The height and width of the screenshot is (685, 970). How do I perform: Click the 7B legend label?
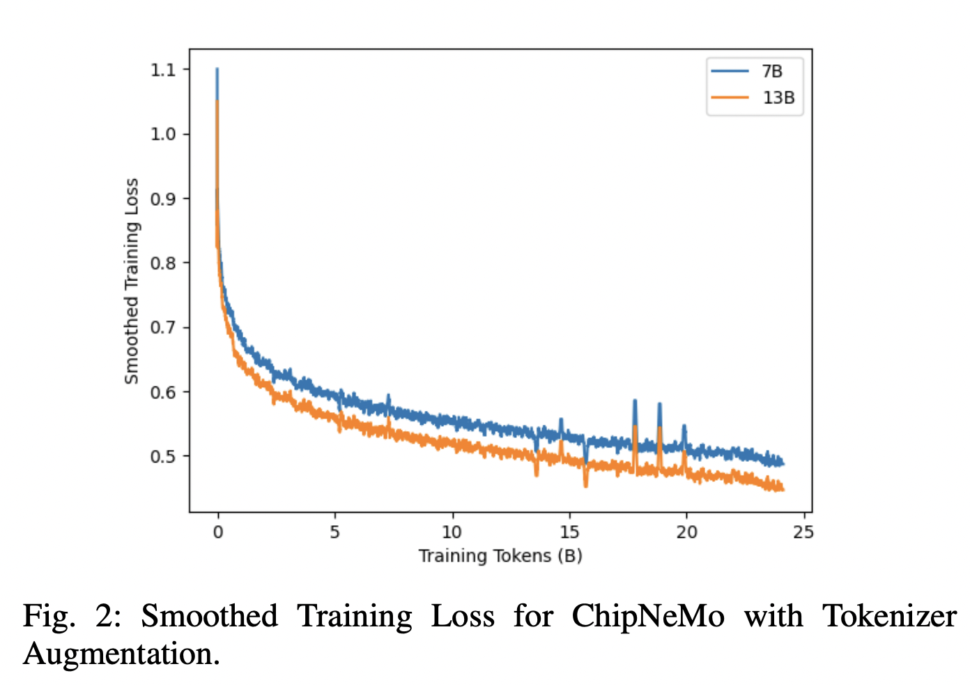tap(771, 72)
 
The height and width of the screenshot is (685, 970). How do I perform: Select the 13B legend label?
tap(778, 98)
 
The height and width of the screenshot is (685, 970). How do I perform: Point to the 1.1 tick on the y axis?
tap(164, 70)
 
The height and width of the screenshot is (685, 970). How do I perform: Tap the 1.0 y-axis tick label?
tap(164, 134)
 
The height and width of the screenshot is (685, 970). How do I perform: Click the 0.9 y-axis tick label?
tap(164, 199)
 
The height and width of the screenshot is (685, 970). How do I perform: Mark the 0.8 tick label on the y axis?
tap(164, 263)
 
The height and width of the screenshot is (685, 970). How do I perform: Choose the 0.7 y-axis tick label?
tap(164, 328)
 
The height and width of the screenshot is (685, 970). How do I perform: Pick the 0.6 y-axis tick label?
tap(164, 392)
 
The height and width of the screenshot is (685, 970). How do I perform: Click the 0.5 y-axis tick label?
tap(164, 457)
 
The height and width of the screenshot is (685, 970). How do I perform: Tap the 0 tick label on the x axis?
tap(218, 532)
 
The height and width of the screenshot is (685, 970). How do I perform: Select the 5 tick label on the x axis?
tap(335, 532)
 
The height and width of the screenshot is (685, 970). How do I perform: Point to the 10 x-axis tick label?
tap(452, 532)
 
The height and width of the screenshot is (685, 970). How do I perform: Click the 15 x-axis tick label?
tap(569, 532)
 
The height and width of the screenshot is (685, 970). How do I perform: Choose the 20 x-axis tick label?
tap(686, 532)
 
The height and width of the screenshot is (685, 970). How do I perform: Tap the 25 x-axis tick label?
tap(803, 532)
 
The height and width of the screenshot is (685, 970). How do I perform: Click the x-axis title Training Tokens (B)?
tap(500, 556)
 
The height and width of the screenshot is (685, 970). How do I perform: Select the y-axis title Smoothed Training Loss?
tap(132, 281)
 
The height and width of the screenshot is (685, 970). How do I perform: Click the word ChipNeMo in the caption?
tap(648, 617)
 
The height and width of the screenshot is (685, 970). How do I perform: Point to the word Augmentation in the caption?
tap(121, 654)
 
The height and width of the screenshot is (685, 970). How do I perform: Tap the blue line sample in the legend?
tap(730, 71)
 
